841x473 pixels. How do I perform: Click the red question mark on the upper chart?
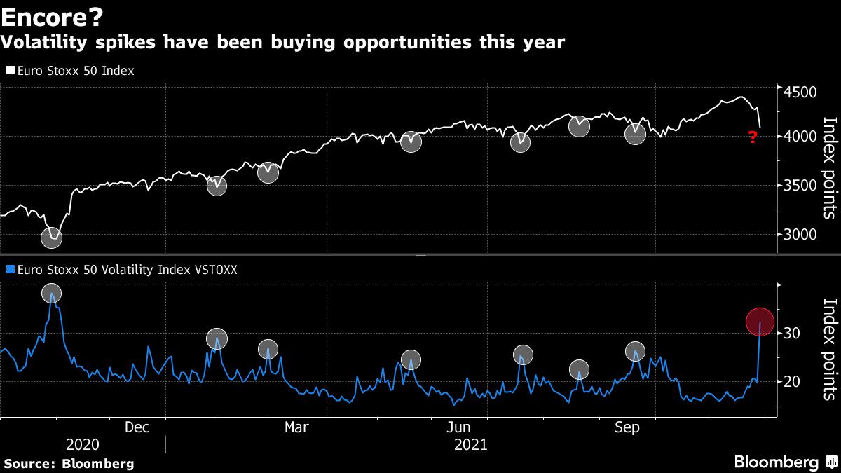click(x=753, y=138)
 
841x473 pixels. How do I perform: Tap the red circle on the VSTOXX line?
click(x=760, y=322)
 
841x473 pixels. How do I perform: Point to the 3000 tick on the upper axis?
click(x=800, y=235)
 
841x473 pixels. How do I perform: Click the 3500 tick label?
click(x=800, y=186)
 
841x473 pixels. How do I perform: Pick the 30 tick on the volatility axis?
click(x=792, y=333)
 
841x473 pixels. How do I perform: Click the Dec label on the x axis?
click(x=137, y=427)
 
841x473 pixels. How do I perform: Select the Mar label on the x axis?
click(x=296, y=427)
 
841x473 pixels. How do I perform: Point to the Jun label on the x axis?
click(x=458, y=427)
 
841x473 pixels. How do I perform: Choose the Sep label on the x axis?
click(x=627, y=427)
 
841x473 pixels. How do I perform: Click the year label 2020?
click(x=82, y=445)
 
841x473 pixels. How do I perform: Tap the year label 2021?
click(x=471, y=445)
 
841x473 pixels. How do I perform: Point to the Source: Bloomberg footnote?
click(x=69, y=463)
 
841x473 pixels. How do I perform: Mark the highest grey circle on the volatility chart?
click(x=51, y=294)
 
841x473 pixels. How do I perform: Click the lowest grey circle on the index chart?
click(x=51, y=238)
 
